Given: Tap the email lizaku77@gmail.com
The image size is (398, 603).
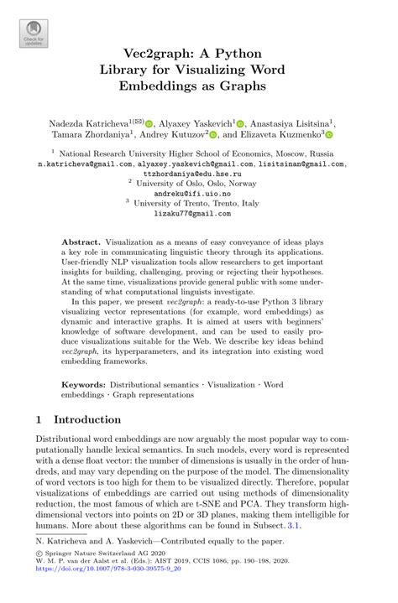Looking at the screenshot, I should (x=199, y=214).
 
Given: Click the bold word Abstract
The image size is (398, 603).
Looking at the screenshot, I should (x=84, y=242).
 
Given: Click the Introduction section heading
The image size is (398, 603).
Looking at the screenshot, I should (x=87, y=419).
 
